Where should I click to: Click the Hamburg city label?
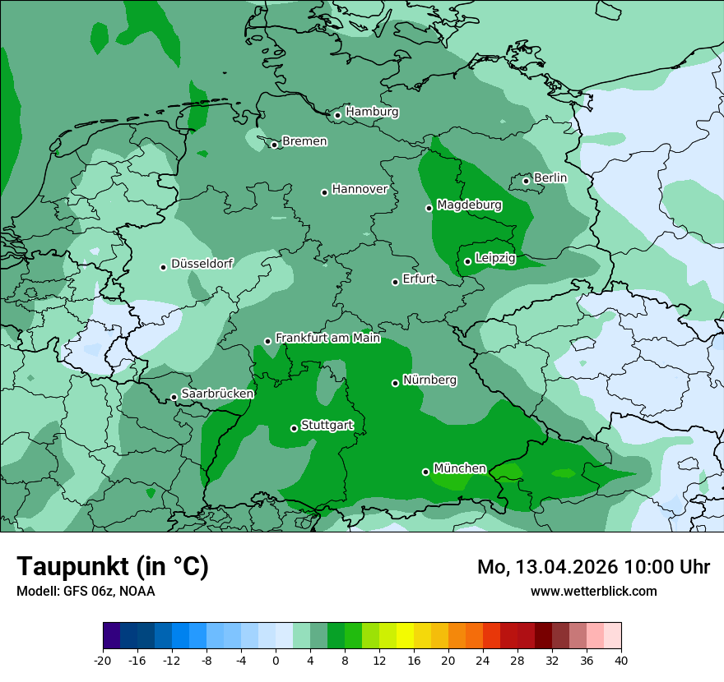372,112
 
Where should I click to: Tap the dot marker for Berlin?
527,181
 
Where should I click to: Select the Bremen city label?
304,141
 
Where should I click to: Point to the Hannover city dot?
325,192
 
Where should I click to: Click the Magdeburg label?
469,205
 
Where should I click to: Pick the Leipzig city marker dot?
467,261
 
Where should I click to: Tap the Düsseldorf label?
202,264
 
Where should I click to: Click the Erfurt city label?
418,279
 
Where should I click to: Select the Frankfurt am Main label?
327,338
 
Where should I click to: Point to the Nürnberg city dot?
396,383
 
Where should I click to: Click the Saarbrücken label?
217,394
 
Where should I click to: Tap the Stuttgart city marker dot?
294,428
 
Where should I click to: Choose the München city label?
459,468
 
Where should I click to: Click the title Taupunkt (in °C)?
113,566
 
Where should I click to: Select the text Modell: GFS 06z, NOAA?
86,591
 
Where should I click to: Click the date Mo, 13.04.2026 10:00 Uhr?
593,567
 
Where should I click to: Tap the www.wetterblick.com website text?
593,591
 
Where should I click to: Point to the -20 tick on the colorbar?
103,661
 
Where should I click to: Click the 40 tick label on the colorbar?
620,661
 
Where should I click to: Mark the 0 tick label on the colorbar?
276,661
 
